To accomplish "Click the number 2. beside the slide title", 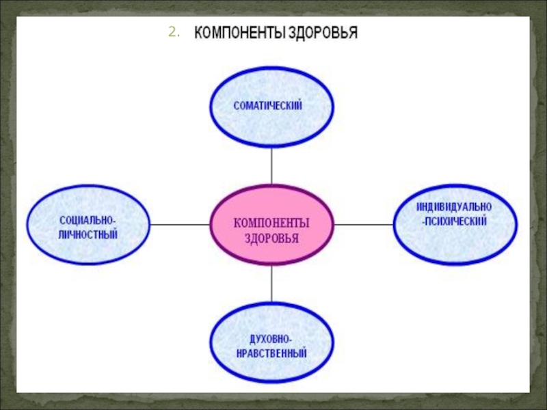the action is tap(173, 33).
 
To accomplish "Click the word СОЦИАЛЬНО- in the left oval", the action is tap(87, 221).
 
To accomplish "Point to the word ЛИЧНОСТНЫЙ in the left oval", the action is tap(87, 234).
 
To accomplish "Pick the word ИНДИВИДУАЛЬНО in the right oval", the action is tap(454, 206).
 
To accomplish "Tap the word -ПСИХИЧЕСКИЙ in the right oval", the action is tap(454, 221).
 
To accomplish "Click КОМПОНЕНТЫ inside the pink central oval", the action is tap(271, 223).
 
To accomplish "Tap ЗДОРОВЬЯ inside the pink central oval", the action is tap(271, 238).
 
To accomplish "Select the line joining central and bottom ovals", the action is tap(271, 284).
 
